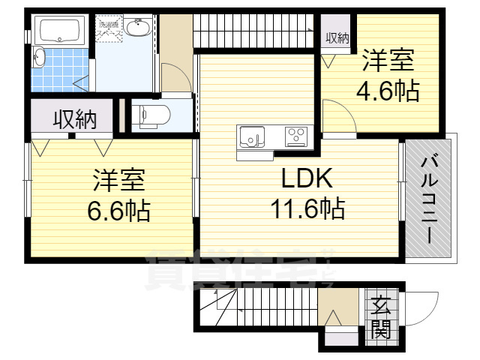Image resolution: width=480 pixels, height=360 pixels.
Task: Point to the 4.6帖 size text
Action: click(386, 91)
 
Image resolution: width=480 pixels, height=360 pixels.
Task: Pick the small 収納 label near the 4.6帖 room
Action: click(337, 38)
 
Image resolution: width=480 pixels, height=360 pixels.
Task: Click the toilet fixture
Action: click(154, 115)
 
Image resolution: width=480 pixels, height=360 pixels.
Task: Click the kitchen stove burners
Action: click(295, 136)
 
